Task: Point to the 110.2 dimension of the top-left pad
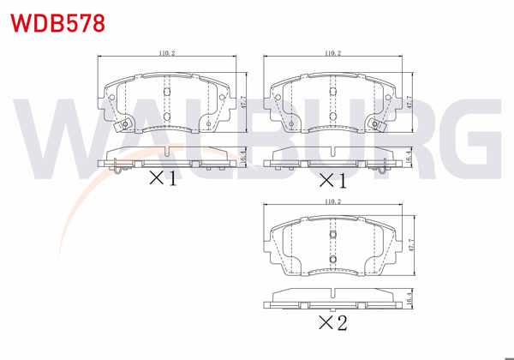tap(167, 54)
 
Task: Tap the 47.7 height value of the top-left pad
tap(243, 101)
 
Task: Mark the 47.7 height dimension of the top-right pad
tap(411, 101)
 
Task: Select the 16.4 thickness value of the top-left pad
tap(243, 156)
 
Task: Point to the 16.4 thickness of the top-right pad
tap(411, 156)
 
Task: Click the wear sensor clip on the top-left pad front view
tap(123, 127)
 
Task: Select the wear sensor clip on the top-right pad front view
tap(375, 127)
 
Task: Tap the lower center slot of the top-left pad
tap(167, 114)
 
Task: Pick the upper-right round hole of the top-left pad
tap(221, 97)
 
